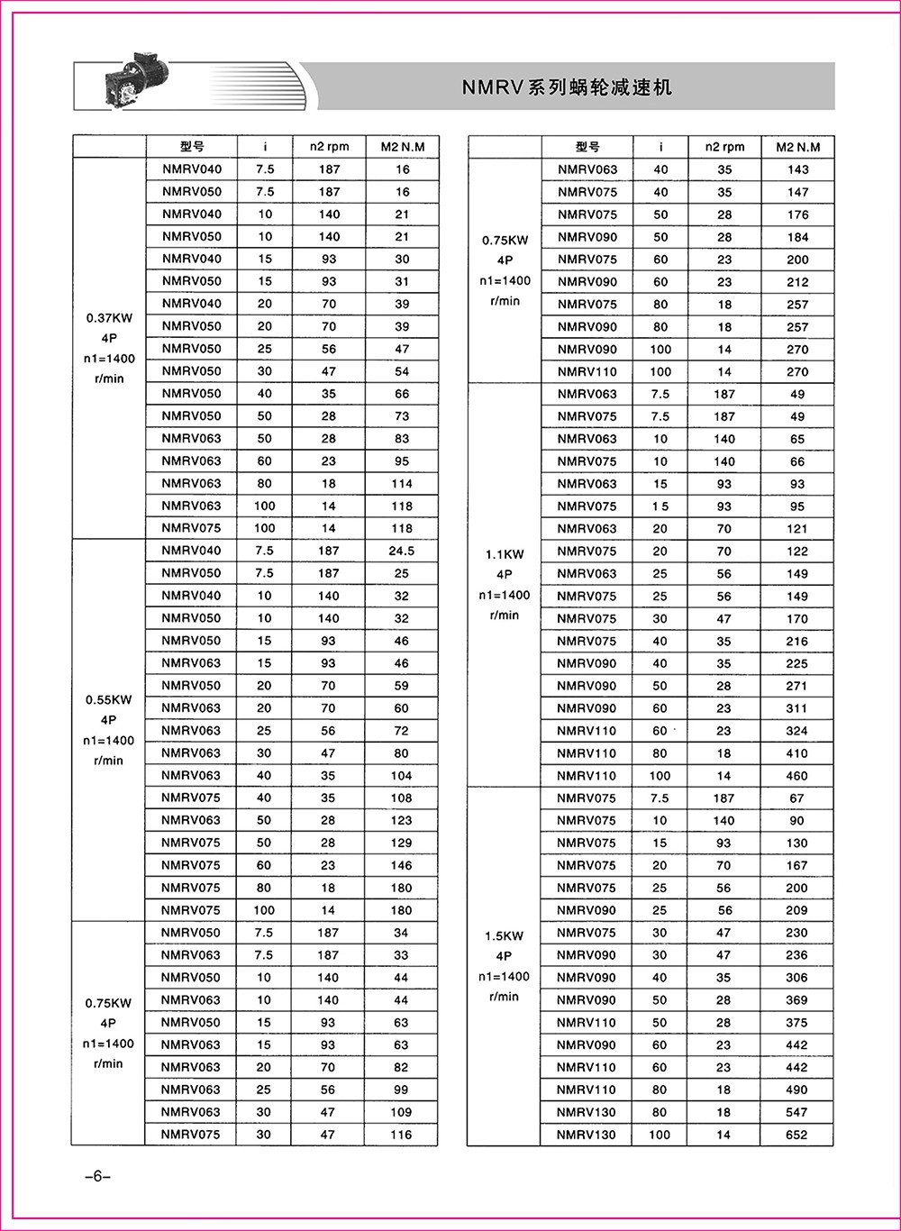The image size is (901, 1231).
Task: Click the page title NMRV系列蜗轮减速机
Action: click(x=567, y=87)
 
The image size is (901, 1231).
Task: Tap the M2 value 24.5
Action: click(x=402, y=551)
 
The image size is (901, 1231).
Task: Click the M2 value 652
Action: click(x=796, y=1135)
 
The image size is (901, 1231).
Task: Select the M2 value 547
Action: click(x=796, y=1112)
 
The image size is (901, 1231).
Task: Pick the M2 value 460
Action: click(x=796, y=775)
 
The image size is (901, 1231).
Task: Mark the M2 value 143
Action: click(x=797, y=169)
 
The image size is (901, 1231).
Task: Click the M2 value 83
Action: click(x=402, y=438)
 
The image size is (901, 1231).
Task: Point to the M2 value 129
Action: click(x=401, y=843)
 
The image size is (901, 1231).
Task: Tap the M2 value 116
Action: click(x=401, y=1135)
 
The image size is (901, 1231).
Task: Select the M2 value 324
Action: click(x=796, y=731)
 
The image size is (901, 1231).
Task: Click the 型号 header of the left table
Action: click(x=192, y=147)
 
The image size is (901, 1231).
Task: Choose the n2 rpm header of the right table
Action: click(x=724, y=147)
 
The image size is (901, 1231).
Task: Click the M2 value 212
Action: click(x=797, y=281)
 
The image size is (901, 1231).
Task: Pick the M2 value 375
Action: click(x=796, y=1022)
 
